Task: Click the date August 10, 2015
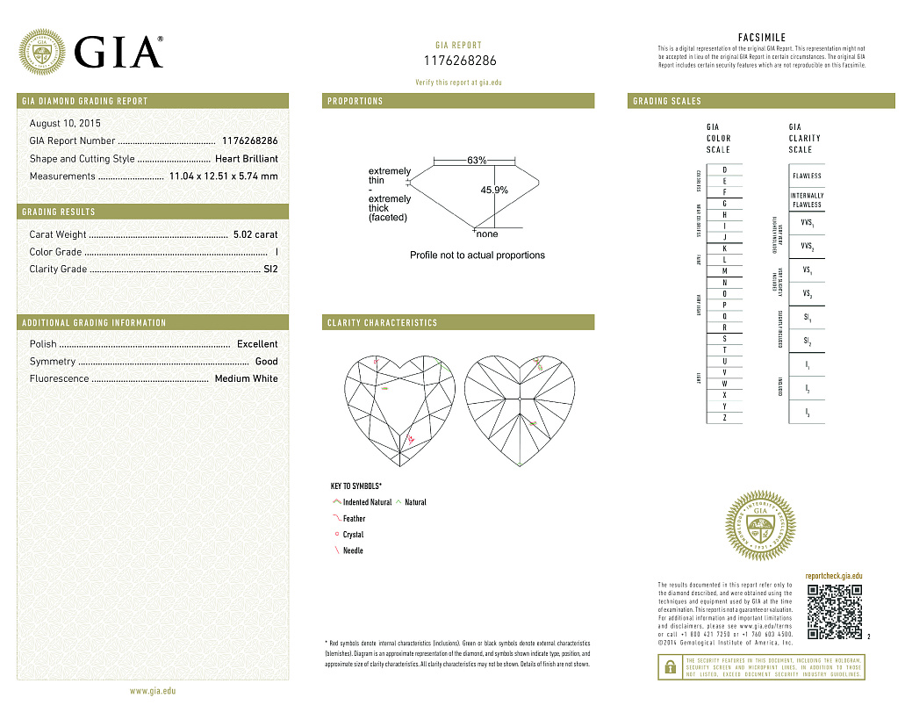point(65,124)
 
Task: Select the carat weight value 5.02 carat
point(255,234)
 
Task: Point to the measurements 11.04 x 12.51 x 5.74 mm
point(223,176)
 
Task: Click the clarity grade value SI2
point(270,270)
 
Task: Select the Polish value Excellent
point(257,344)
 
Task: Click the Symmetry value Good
point(266,362)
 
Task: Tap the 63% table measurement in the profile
point(477,161)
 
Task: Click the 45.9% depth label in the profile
point(494,191)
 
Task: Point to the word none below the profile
point(486,234)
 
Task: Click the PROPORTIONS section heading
point(355,101)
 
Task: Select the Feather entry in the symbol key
point(354,519)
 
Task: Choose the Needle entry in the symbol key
point(352,551)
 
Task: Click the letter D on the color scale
point(724,169)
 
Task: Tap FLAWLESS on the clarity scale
point(806,176)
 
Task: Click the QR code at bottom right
point(834,611)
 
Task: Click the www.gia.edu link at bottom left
point(153,691)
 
